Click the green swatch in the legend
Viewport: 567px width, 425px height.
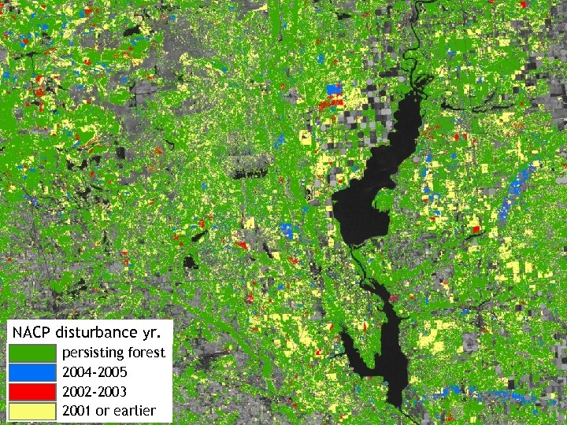click(x=33, y=353)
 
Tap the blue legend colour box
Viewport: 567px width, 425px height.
click(x=33, y=371)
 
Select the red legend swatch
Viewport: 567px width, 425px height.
click(x=33, y=391)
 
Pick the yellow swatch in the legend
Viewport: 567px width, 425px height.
click(x=33, y=411)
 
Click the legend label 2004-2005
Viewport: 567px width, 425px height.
click(x=94, y=371)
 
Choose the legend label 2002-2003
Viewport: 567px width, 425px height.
click(x=94, y=391)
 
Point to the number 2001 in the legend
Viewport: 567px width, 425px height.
click(x=77, y=411)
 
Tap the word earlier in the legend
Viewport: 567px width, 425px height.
click(x=135, y=411)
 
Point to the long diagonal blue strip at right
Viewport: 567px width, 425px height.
click(x=516, y=193)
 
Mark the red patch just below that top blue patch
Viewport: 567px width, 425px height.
click(x=332, y=102)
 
